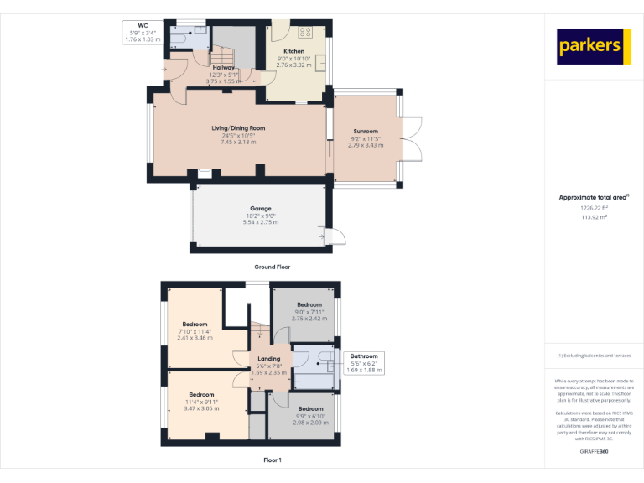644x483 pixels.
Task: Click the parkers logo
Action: tap(594, 46)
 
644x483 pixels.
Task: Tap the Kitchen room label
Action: tap(293, 51)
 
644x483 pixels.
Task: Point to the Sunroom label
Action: tap(365, 132)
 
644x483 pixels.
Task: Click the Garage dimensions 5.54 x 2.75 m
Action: tap(260, 221)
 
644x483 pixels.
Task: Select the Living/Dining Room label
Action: tap(238, 128)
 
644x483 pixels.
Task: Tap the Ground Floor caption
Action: tap(272, 267)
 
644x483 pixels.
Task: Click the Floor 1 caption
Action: tap(272, 460)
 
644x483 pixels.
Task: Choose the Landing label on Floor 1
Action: tap(269, 359)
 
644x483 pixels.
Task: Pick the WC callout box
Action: tap(142, 33)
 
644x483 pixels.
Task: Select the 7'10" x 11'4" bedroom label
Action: tap(195, 324)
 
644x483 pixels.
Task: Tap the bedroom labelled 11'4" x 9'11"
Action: tap(201, 394)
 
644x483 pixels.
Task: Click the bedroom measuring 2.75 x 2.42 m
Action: tap(309, 305)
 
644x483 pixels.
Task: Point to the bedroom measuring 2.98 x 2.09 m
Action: tap(310, 409)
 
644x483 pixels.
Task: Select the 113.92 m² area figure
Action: tap(594, 217)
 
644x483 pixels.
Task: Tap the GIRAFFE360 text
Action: tap(594, 452)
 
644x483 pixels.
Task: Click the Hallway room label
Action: tap(223, 67)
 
